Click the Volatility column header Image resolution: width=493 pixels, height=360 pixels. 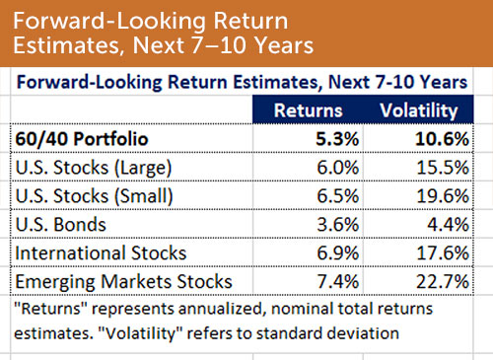tap(417, 111)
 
